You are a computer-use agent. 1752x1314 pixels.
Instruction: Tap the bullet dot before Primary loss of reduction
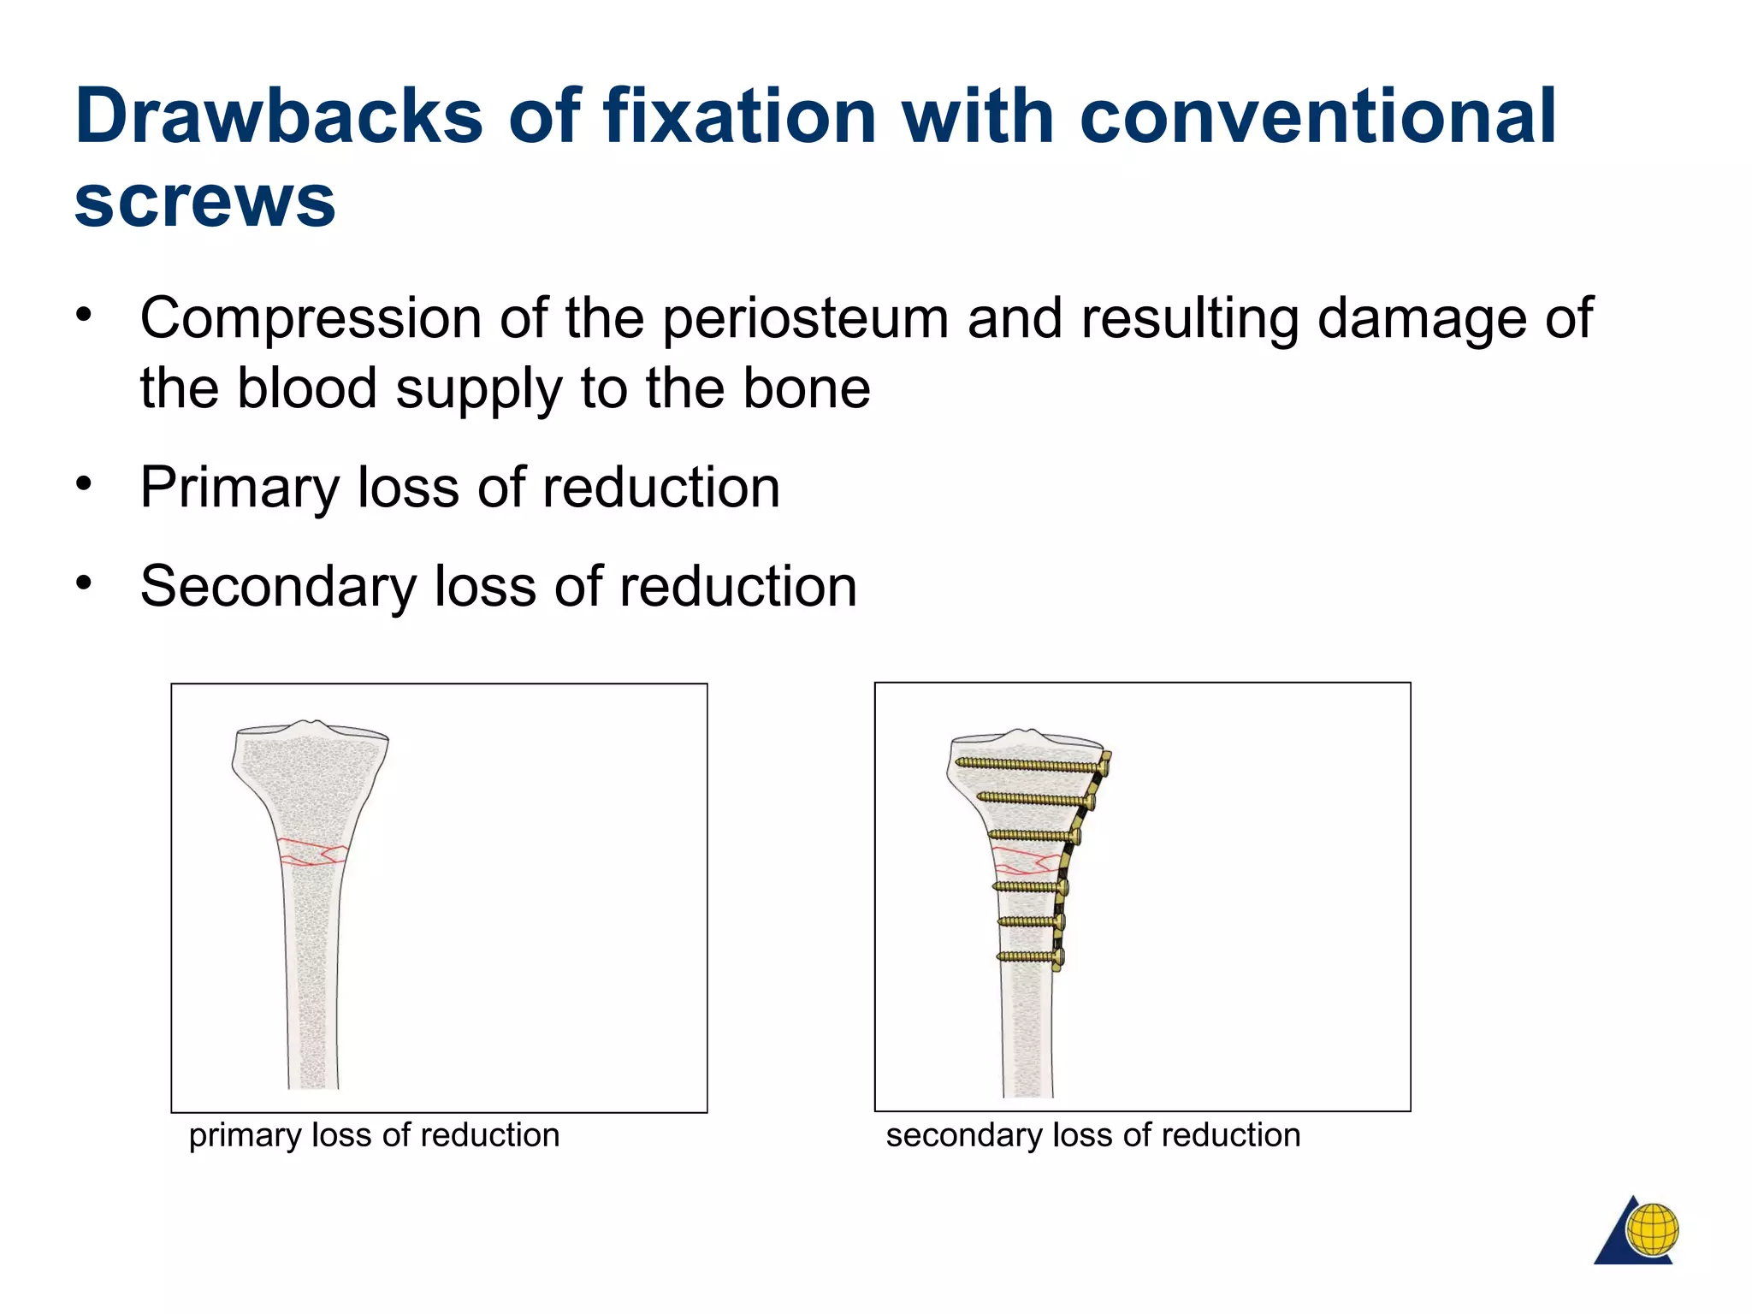point(83,484)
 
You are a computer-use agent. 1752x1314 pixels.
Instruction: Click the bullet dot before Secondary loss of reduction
point(83,583)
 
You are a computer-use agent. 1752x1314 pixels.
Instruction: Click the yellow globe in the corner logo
point(1652,1229)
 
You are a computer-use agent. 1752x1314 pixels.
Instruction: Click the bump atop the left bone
point(316,725)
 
